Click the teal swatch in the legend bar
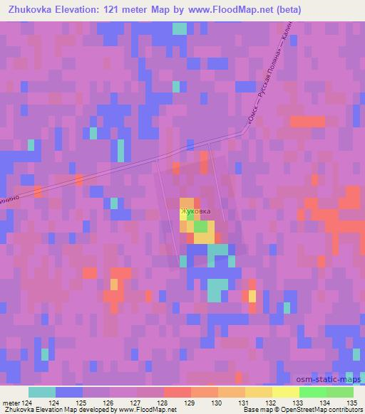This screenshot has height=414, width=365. (42, 392)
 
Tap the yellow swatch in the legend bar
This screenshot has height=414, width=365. (285, 392)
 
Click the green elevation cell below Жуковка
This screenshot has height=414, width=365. (202, 227)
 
